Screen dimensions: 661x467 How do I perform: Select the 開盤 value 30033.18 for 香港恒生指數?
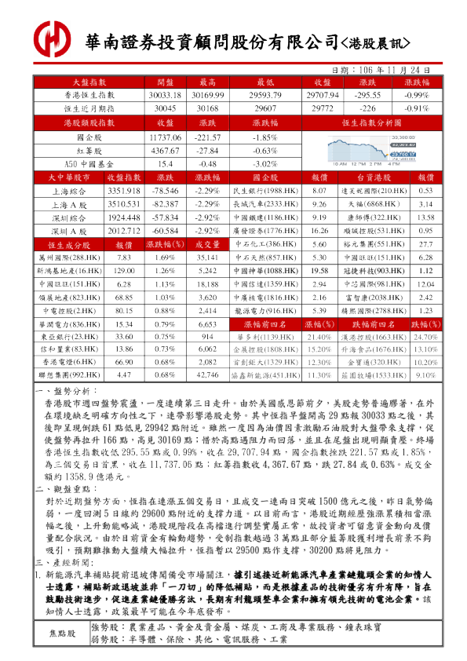(x=165, y=95)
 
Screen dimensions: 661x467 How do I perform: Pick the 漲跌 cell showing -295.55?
(x=367, y=95)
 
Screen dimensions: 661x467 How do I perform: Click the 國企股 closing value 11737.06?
(x=165, y=137)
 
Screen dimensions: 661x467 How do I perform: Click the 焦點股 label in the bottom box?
(x=63, y=633)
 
